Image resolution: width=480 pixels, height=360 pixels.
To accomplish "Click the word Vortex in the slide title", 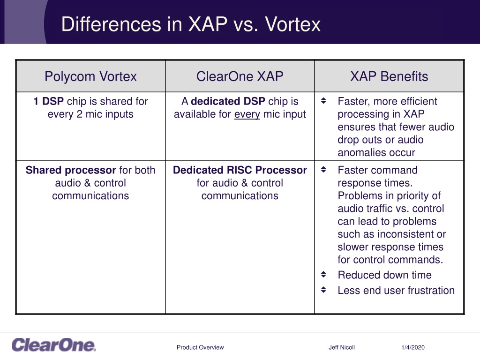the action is [292, 24].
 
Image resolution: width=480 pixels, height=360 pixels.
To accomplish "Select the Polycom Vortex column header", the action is [90, 76].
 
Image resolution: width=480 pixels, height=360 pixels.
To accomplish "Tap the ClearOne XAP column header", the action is [240, 76].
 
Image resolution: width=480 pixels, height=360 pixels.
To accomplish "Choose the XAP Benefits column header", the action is [389, 76].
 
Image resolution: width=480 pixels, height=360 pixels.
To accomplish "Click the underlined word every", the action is [247, 114].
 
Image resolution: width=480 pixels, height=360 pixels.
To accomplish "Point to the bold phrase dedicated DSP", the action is [228, 101].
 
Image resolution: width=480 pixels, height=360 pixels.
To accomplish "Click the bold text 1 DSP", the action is [48, 101].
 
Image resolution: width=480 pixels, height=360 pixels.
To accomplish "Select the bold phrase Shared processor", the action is [71, 170].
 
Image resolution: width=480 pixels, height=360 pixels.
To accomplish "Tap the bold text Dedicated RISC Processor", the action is [240, 170].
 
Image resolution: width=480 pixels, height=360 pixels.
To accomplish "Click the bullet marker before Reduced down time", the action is [323, 274].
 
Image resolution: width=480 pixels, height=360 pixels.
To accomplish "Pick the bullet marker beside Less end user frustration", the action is [323, 290].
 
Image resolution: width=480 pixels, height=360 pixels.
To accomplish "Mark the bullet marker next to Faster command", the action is [323, 170].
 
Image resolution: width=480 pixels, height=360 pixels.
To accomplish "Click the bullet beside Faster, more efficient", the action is [323, 101].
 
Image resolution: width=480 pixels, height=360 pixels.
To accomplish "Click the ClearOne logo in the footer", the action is [54, 345].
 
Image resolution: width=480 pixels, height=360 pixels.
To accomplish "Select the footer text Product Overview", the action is [200, 347].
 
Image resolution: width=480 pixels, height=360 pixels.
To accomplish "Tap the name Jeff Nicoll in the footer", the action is [342, 347].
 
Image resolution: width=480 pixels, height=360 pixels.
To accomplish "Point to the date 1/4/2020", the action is [413, 347].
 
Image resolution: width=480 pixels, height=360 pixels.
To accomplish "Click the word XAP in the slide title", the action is [208, 24].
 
